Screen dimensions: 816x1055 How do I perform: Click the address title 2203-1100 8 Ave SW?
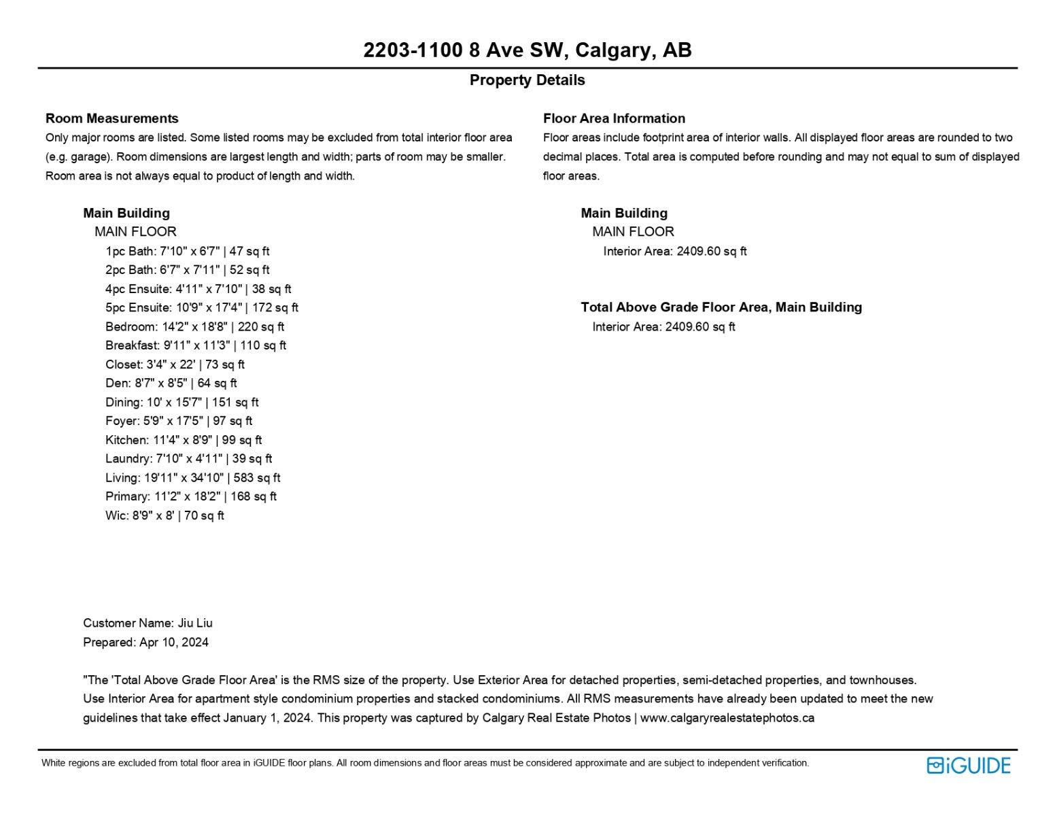[527, 50]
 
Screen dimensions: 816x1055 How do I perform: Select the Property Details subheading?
[527, 80]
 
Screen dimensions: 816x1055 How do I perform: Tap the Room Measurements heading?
[112, 118]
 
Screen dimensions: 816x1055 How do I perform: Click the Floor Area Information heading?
[614, 118]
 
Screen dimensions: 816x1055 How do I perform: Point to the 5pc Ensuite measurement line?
[202, 308]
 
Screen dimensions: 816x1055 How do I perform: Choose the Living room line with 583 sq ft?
[192, 478]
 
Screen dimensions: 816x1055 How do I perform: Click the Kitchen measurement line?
[184, 441]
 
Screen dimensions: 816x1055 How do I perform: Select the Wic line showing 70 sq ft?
[165, 516]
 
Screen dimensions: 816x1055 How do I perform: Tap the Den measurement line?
[171, 384]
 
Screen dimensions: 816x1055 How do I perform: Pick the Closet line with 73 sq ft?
[175, 365]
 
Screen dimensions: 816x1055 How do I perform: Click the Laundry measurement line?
[188, 459]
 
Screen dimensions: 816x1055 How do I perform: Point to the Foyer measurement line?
[179, 422]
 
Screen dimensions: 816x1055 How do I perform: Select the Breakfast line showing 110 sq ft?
[196, 346]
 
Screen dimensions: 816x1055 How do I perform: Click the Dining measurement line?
[182, 403]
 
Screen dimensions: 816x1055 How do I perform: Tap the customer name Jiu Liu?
[195, 624]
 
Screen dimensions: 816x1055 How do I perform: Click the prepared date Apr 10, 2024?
[174, 643]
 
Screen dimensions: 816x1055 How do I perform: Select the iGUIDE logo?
[968, 766]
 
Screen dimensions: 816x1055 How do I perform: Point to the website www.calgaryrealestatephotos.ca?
[727, 718]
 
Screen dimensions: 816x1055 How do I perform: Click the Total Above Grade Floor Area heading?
[721, 307]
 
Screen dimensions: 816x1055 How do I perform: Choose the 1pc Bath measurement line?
[188, 252]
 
